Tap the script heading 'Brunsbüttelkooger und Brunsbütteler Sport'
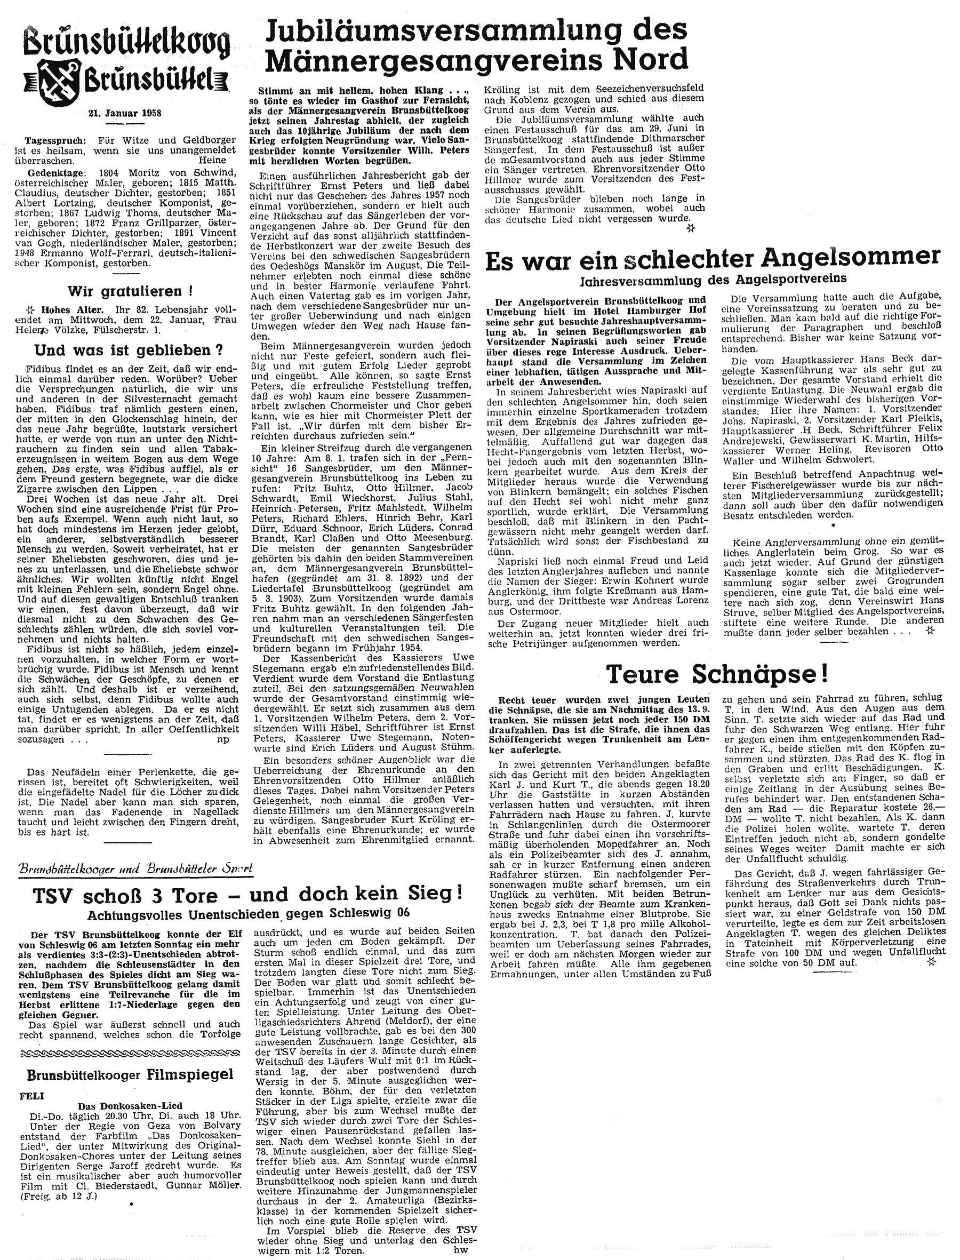click(x=135, y=869)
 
